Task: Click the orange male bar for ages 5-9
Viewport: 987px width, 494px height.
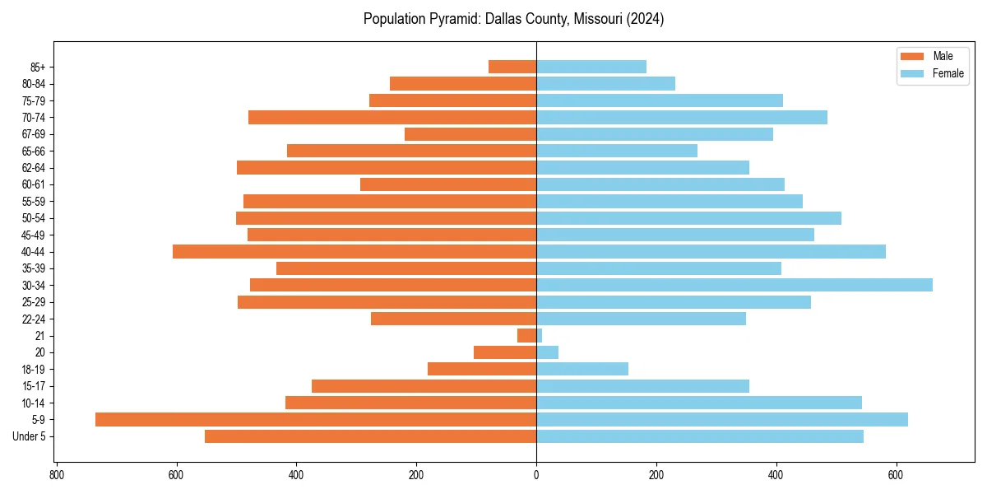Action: tap(316, 420)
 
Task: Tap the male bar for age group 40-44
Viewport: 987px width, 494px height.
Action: tap(354, 252)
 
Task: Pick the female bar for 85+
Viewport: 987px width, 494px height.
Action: tap(591, 67)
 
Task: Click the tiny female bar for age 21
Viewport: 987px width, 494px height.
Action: tap(540, 336)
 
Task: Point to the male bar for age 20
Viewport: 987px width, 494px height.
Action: tap(505, 352)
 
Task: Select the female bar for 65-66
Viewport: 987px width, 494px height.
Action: tap(617, 151)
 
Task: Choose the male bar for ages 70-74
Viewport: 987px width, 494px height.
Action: tap(392, 117)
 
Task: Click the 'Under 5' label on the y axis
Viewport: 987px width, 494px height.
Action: tap(29, 436)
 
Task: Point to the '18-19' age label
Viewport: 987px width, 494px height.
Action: tap(34, 370)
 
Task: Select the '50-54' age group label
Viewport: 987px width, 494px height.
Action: tap(34, 218)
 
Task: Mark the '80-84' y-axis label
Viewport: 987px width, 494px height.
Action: tap(34, 84)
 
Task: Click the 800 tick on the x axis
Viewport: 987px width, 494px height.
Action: tap(56, 474)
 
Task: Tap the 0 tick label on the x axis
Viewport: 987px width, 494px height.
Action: tap(536, 474)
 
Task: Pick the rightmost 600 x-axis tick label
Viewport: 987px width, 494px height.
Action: tap(897, 474)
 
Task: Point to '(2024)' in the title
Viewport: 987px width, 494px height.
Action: tap(644, 19)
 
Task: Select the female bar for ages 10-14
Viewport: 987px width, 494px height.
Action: tap(699, 403)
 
